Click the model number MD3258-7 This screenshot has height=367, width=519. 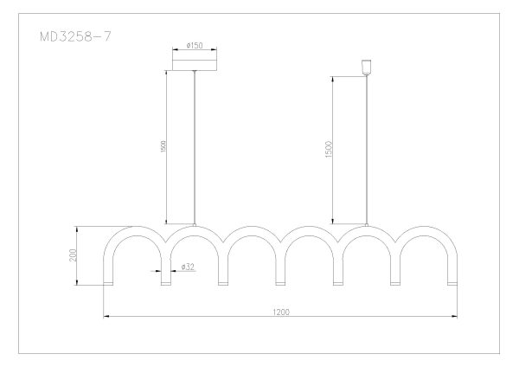(x=75, y=36)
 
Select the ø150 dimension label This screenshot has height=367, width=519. (x=195, y=45)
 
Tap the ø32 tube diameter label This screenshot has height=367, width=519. (x=188, y=267)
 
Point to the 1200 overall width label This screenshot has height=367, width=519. (x=281, y=312)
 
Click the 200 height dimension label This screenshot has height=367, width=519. (x=73, y=255)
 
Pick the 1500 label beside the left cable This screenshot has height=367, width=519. (x=163, y=147)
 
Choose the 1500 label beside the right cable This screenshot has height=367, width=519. (x=329, y=150)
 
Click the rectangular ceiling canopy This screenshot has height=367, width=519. (x=195, y=65)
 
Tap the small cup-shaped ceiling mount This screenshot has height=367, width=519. (x=367, y=68)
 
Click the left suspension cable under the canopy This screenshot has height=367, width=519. (x=195, y=147)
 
